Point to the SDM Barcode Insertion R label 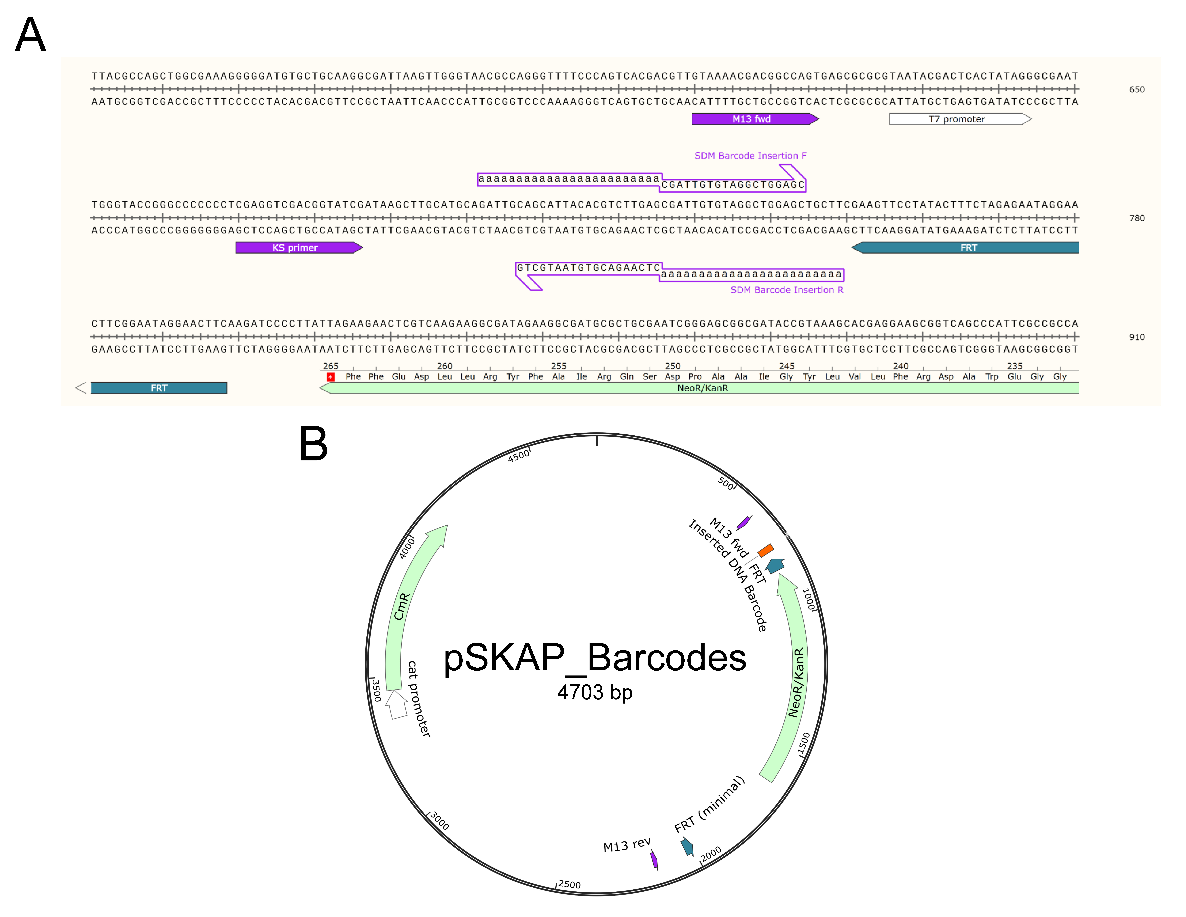pos(786,290)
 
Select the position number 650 pos(1137,90)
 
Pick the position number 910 pos(1137,337)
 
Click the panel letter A pos(30,35)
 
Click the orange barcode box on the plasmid pos(766,550)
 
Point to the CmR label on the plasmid pos(401,606)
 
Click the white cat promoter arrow pos(397,705)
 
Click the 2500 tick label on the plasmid pos(569,884)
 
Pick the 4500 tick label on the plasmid pos(519,455)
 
